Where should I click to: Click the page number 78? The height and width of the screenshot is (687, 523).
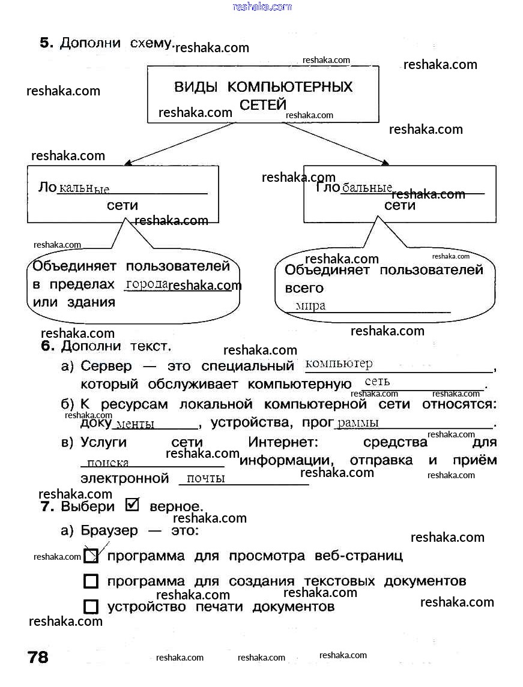38,657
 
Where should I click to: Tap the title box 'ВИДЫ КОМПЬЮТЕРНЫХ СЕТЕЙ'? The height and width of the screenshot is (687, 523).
263,94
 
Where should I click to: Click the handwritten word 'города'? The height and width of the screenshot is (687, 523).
146,284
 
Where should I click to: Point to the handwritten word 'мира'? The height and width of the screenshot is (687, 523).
310,306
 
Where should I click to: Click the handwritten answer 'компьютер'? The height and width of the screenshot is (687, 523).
339,364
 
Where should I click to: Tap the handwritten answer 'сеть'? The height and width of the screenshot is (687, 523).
377,381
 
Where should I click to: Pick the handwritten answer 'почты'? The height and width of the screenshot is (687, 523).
205,478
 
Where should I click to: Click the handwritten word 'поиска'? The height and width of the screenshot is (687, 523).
107,463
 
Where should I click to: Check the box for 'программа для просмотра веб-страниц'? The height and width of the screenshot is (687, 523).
91,556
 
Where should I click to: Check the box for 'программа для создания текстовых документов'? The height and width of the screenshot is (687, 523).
91,581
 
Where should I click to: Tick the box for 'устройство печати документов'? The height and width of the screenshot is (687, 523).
91,607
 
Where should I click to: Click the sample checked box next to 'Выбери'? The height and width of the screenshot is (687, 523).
132,505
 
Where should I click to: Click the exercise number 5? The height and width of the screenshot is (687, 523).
46,43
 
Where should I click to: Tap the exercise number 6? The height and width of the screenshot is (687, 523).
47,346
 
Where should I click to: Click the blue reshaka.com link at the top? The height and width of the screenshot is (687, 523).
262,7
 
